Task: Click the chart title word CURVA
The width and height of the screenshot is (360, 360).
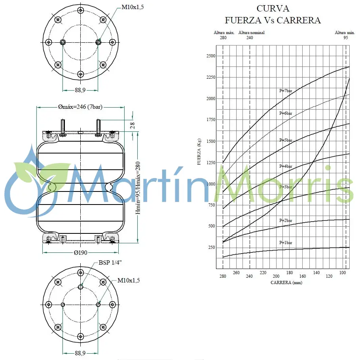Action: [273, 8]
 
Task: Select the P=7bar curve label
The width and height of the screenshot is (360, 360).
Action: [285, 91]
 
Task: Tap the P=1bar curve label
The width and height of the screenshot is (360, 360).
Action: [285, 243]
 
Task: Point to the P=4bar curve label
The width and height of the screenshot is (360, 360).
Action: [285, 167]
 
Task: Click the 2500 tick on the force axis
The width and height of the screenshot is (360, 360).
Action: [210, 56]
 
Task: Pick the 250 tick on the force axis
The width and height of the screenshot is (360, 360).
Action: [212, 248]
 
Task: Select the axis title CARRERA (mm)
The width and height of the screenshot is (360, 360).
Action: [286, 282]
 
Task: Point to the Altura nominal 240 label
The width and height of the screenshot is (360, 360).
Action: [251, 35]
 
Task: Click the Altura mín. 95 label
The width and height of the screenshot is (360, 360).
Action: [345, 35]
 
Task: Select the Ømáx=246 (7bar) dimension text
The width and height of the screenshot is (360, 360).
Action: [80, 107]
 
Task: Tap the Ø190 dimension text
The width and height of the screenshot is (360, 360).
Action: [80, 253]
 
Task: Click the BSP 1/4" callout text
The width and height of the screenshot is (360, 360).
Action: [110, 263]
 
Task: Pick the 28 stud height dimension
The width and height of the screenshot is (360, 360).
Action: [133, 125]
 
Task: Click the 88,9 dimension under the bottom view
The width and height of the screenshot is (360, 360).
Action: [80, 353]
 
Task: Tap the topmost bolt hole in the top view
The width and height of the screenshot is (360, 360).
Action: [81, 10]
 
